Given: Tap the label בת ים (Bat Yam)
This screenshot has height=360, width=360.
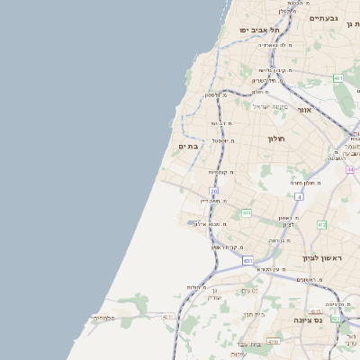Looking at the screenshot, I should tap(188, 146).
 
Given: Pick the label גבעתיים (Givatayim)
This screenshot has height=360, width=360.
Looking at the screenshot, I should tap(323, 18).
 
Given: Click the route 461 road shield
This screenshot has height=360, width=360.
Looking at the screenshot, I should tap(338, 79).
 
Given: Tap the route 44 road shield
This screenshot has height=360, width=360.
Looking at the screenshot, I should tap(350, 169).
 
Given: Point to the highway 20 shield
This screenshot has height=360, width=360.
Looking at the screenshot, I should tap(214, 192).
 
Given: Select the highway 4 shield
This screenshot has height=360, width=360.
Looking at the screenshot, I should tap(298, 195).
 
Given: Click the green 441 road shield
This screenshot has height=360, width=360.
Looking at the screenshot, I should tap(247, 213).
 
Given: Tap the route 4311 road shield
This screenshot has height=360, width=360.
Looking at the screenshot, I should tap(168, 317).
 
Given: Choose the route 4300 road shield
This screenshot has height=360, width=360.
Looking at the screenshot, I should tap(273, 342).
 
